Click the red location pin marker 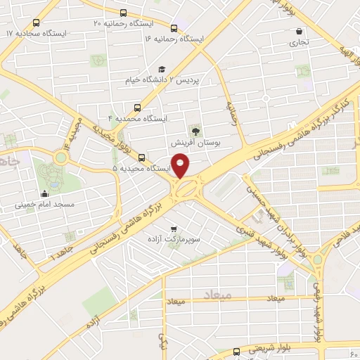183,166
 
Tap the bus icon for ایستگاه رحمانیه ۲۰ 124,13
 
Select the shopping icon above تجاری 300,31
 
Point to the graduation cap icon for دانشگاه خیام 163,69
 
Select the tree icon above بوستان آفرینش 195,131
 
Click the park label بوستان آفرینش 197,142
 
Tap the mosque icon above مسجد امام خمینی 45,193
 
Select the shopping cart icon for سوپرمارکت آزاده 173,229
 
